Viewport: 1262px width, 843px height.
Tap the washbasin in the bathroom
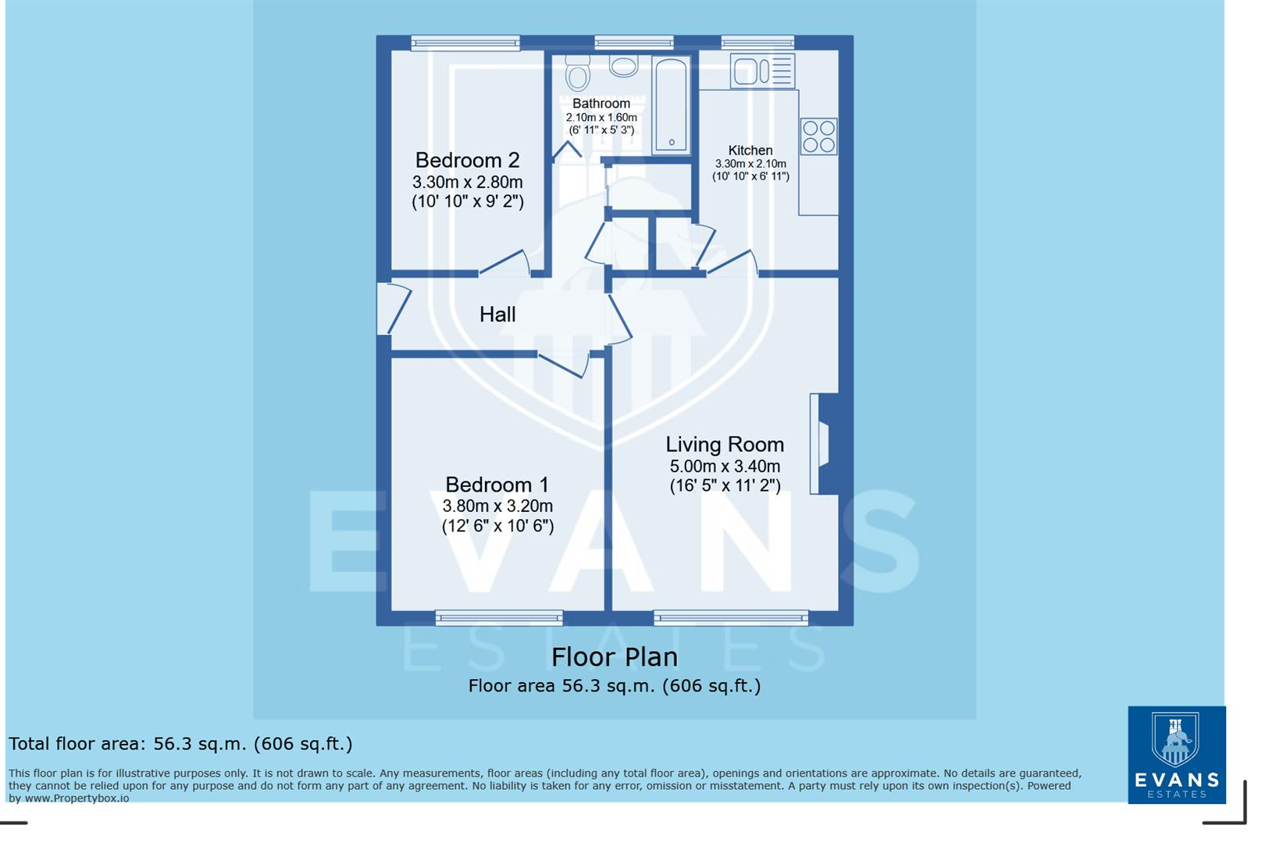tap(623, 66)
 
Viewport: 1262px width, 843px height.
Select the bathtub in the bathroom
tap(671, 105)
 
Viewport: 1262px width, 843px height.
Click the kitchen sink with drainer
tap(762, 71)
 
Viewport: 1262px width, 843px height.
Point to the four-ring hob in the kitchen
tap(818, 137)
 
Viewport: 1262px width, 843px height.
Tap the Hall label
tap(497, 315)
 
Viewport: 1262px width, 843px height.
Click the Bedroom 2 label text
tap(467, 161)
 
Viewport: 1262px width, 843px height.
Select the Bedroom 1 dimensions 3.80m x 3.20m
tap(497, 506)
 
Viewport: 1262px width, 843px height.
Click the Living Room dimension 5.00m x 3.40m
tap(725, 467)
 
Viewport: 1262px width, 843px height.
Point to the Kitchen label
tap(750, 150)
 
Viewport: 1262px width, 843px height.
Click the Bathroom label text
tap(601, 104)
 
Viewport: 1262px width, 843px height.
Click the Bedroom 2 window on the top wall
tap(465, 43)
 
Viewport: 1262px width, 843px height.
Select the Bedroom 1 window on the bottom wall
tap(499, 618)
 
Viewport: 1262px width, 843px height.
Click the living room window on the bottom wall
tap(731, 618)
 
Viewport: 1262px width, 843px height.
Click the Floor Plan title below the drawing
tap(615, 657)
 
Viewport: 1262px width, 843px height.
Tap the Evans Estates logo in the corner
tap(1176, 755)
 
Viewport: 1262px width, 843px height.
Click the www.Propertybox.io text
tap(77, 799)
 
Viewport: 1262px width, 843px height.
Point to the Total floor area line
tap(180, 744)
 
